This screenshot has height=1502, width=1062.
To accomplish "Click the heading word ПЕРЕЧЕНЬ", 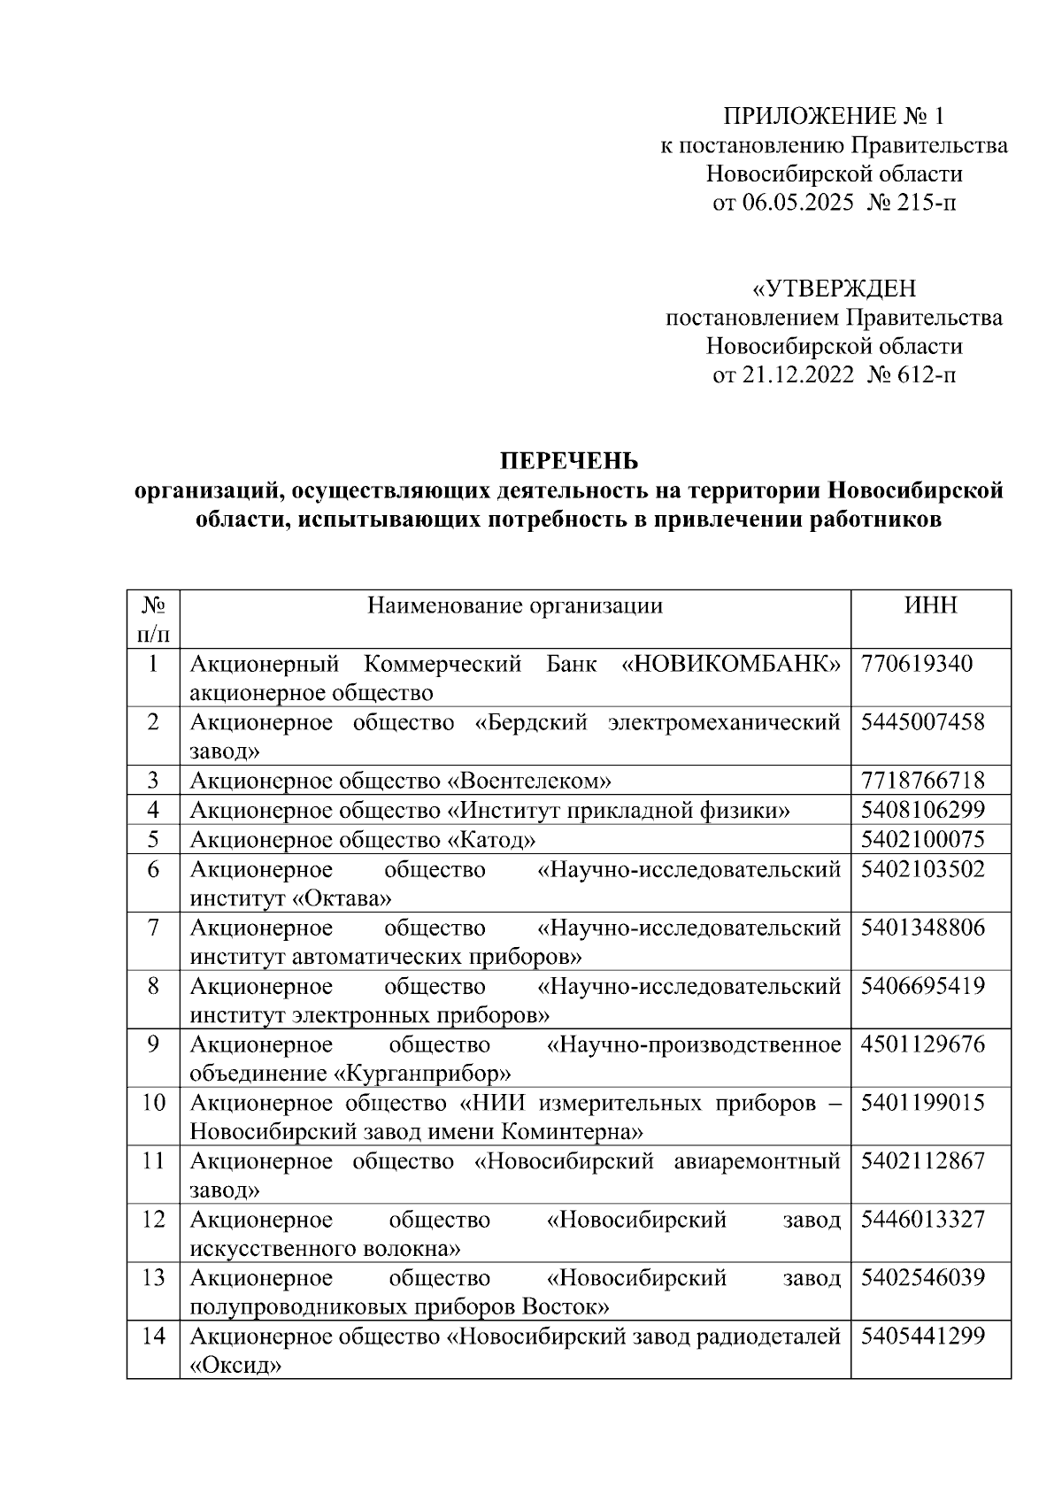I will [568, 461].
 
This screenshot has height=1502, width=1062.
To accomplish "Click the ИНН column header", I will [930, 605].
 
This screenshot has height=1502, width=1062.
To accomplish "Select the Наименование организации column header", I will [515, 605].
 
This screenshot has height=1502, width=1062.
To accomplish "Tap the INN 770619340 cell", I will [916, 664].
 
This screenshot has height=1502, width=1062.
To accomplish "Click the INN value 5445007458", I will [922, 722].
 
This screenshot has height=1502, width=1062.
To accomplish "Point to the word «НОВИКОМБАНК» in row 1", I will [731, 664].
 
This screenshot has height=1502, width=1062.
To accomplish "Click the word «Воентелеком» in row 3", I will [530, 781].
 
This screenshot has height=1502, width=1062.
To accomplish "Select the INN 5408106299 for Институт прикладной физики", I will [922, 810].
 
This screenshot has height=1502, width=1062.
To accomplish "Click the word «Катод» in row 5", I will [492, 839].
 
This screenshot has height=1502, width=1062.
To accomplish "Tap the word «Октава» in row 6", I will [342, 898].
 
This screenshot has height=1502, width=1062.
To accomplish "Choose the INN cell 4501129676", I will [922, 1044].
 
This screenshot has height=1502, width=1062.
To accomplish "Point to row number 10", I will [153, 1103].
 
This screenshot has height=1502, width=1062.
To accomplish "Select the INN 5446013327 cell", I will [922, 1220].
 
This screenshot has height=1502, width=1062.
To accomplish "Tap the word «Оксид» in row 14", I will [235, 1366].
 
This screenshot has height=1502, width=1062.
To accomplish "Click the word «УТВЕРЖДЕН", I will [834, 289].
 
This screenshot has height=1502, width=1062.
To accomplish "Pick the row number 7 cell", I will [153, 928].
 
